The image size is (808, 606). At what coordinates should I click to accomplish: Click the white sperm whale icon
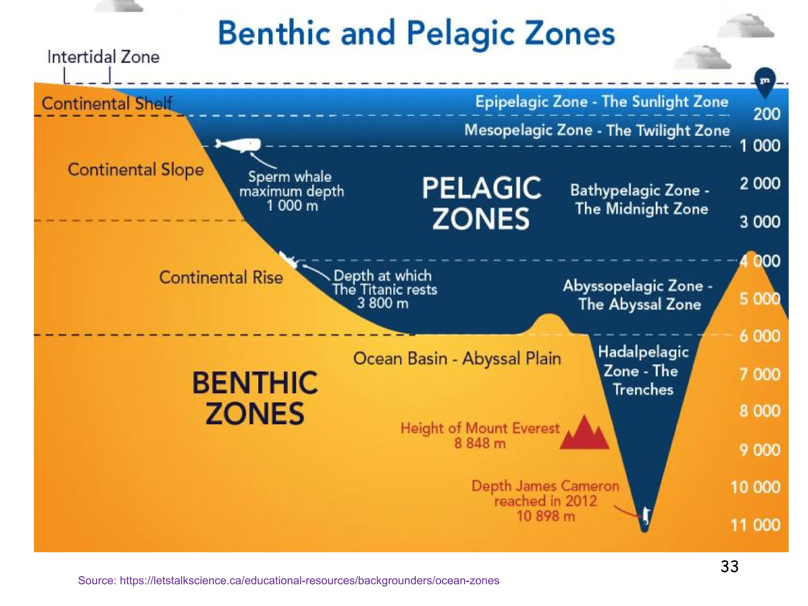coord(238,145)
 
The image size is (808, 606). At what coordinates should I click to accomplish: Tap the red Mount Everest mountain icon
coord(585,434)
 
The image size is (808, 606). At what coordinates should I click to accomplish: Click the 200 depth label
coord(767,114)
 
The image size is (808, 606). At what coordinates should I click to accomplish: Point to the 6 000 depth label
coord(759,336)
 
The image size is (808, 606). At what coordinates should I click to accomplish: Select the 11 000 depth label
coord(755,525)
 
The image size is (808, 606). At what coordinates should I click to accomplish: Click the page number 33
coord(729,567)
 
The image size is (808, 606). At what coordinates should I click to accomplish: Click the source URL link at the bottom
coord(288,580)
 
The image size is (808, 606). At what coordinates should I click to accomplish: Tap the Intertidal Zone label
coord(103,57)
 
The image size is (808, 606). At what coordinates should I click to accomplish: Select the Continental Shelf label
coord(107,103)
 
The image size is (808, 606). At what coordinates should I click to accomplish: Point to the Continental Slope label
coord(136,170)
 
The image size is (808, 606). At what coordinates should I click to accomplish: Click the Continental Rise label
coord(221,277)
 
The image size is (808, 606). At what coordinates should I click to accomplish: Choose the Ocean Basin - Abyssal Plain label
coord(457,359)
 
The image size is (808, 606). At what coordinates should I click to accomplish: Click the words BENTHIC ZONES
coord(255,398)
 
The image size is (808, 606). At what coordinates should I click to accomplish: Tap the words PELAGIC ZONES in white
coord(481,203)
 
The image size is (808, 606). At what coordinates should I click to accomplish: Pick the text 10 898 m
coord(546,516)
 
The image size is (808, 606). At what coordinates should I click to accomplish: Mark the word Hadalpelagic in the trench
coord(643,352)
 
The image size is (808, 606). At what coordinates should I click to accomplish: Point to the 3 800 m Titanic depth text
coord(383,303)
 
